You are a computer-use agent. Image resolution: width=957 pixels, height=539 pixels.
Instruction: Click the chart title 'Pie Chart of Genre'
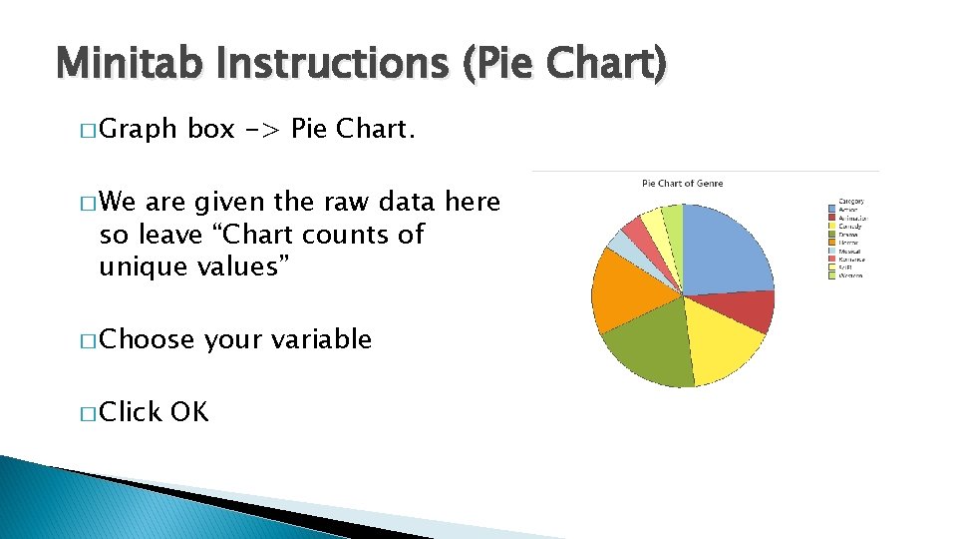click(x=682, y=183)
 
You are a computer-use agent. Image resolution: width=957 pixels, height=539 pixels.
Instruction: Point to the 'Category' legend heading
click(x=851, y=201)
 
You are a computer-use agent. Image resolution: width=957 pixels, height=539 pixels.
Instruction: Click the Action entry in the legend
click(x=849, y=210)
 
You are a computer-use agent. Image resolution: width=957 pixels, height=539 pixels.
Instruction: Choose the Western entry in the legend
click(x=851, y=275)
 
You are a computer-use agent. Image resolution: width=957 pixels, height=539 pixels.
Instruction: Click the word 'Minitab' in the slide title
click(x=134, y=65)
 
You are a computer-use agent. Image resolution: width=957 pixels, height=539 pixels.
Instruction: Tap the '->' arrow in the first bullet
click(x=263, y=130)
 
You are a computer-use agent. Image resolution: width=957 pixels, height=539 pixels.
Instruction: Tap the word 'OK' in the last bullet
click(x=189, y=411)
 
